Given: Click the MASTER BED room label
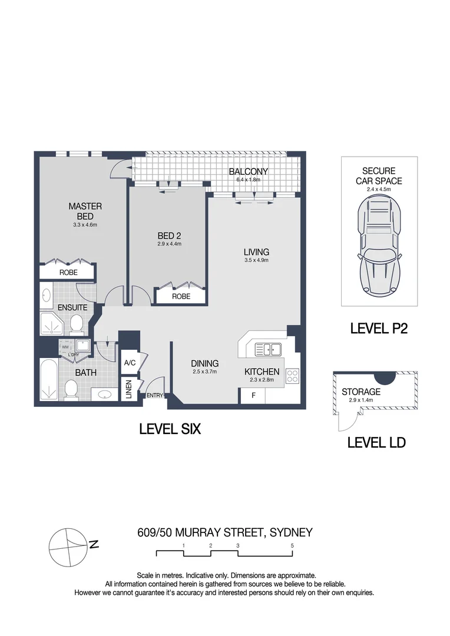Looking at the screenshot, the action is (85, 211).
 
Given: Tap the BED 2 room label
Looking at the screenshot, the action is (169, 236).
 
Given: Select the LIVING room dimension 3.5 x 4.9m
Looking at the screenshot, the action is (256, 260).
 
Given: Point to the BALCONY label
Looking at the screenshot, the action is (249, 171).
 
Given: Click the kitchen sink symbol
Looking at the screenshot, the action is (268, 349).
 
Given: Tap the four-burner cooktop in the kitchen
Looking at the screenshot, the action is (293, 376).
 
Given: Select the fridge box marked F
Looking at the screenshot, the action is (253, 396).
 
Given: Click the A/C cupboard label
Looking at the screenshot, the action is (130, 363).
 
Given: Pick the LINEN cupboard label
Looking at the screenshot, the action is (128, 389).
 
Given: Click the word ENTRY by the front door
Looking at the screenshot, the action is (154, 395).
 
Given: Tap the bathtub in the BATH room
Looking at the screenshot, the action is (49, 379).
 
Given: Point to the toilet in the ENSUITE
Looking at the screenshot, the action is (77, 325).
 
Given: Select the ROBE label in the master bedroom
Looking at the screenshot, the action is (68, 273).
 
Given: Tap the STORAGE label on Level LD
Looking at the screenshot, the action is (361, 392).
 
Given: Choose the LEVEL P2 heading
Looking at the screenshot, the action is (379, 328).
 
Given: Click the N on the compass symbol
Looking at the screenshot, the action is (94, 544).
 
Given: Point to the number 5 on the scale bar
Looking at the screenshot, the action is (292, 545).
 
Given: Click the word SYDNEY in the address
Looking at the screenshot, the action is (291, 532).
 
